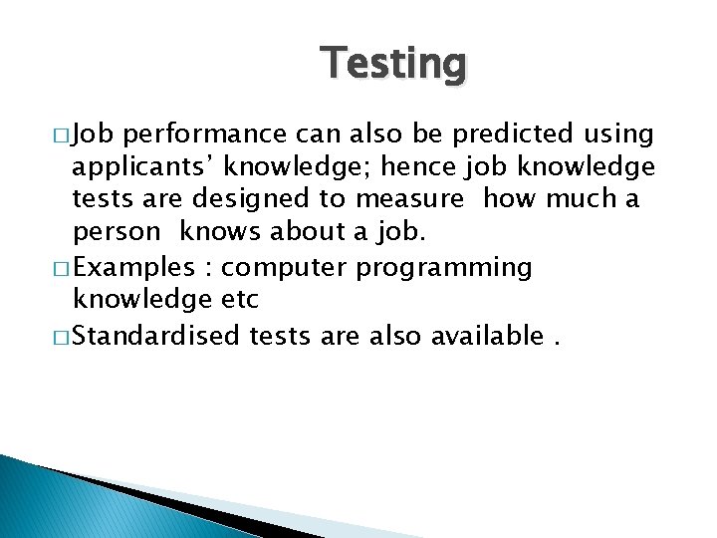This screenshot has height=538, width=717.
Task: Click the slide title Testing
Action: click(x=393, y=65)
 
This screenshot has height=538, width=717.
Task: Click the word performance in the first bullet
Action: click(x=205, y=133)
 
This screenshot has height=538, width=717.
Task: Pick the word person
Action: click(x=116, y=233)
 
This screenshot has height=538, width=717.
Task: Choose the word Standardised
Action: click(x=157, y=336)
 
